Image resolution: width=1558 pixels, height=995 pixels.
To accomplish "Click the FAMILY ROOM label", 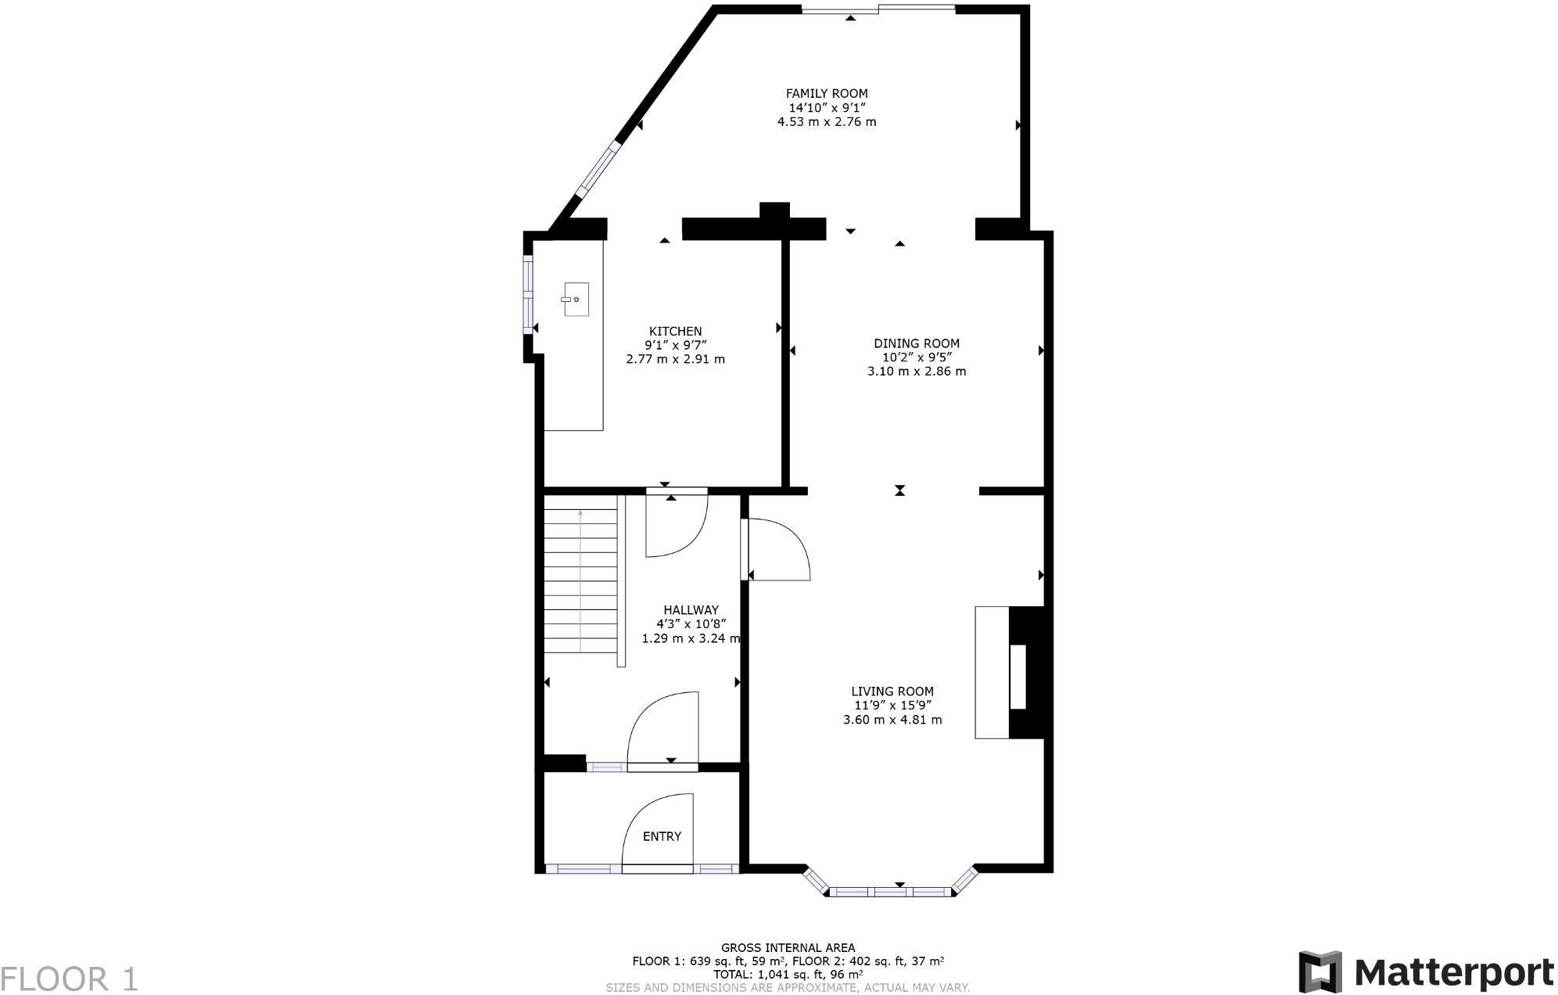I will click(x=826, y=94).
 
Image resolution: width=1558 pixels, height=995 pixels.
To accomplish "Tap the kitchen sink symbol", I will click(x=576, y=300).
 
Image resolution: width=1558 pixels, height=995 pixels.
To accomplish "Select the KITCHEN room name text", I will click(x=675, y=332).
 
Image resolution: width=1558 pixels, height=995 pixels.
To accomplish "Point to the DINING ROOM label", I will click(x=916, y=343).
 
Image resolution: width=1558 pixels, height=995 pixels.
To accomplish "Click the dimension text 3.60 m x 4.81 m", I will click(x=892, y=720).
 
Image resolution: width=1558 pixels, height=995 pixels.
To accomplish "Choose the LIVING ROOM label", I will click(x=892, y=691).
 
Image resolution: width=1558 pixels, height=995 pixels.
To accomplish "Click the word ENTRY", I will click(x=662, y=836).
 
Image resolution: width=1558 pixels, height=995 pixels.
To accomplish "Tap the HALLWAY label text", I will click(x=691, y=610).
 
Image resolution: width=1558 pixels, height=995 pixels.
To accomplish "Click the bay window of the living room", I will click(x=890, y=891).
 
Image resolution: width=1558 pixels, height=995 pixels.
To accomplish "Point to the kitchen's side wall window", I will click(x=528, y=295).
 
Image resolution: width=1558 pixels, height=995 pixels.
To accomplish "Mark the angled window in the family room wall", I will click(x=598, y=170).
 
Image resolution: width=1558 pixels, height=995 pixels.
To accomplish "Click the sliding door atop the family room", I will click(x=878, y=9).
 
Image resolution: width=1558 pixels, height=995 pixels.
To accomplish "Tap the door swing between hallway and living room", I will click(x=778, y=550).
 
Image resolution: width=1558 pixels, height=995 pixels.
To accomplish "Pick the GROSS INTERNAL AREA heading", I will click(x=787, y=947).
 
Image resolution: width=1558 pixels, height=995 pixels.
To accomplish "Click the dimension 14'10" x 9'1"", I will click(x=826, y=108).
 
